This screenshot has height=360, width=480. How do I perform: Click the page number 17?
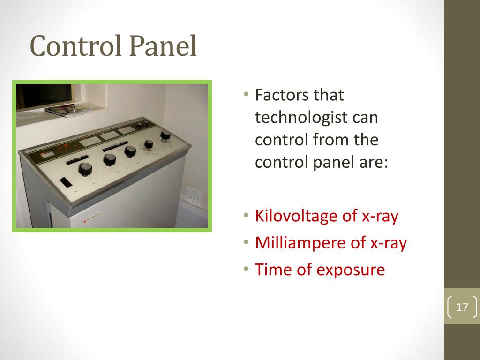[462, 307]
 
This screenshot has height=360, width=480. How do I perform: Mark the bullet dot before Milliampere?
[247, 243]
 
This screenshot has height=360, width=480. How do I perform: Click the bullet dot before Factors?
[247, 95]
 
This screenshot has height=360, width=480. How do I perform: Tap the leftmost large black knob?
[85, 168]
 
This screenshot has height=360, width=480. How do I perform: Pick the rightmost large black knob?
[165, 135]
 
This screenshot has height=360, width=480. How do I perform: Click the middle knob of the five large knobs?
[130, 151]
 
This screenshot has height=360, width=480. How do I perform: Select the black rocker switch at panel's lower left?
[66, 182]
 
